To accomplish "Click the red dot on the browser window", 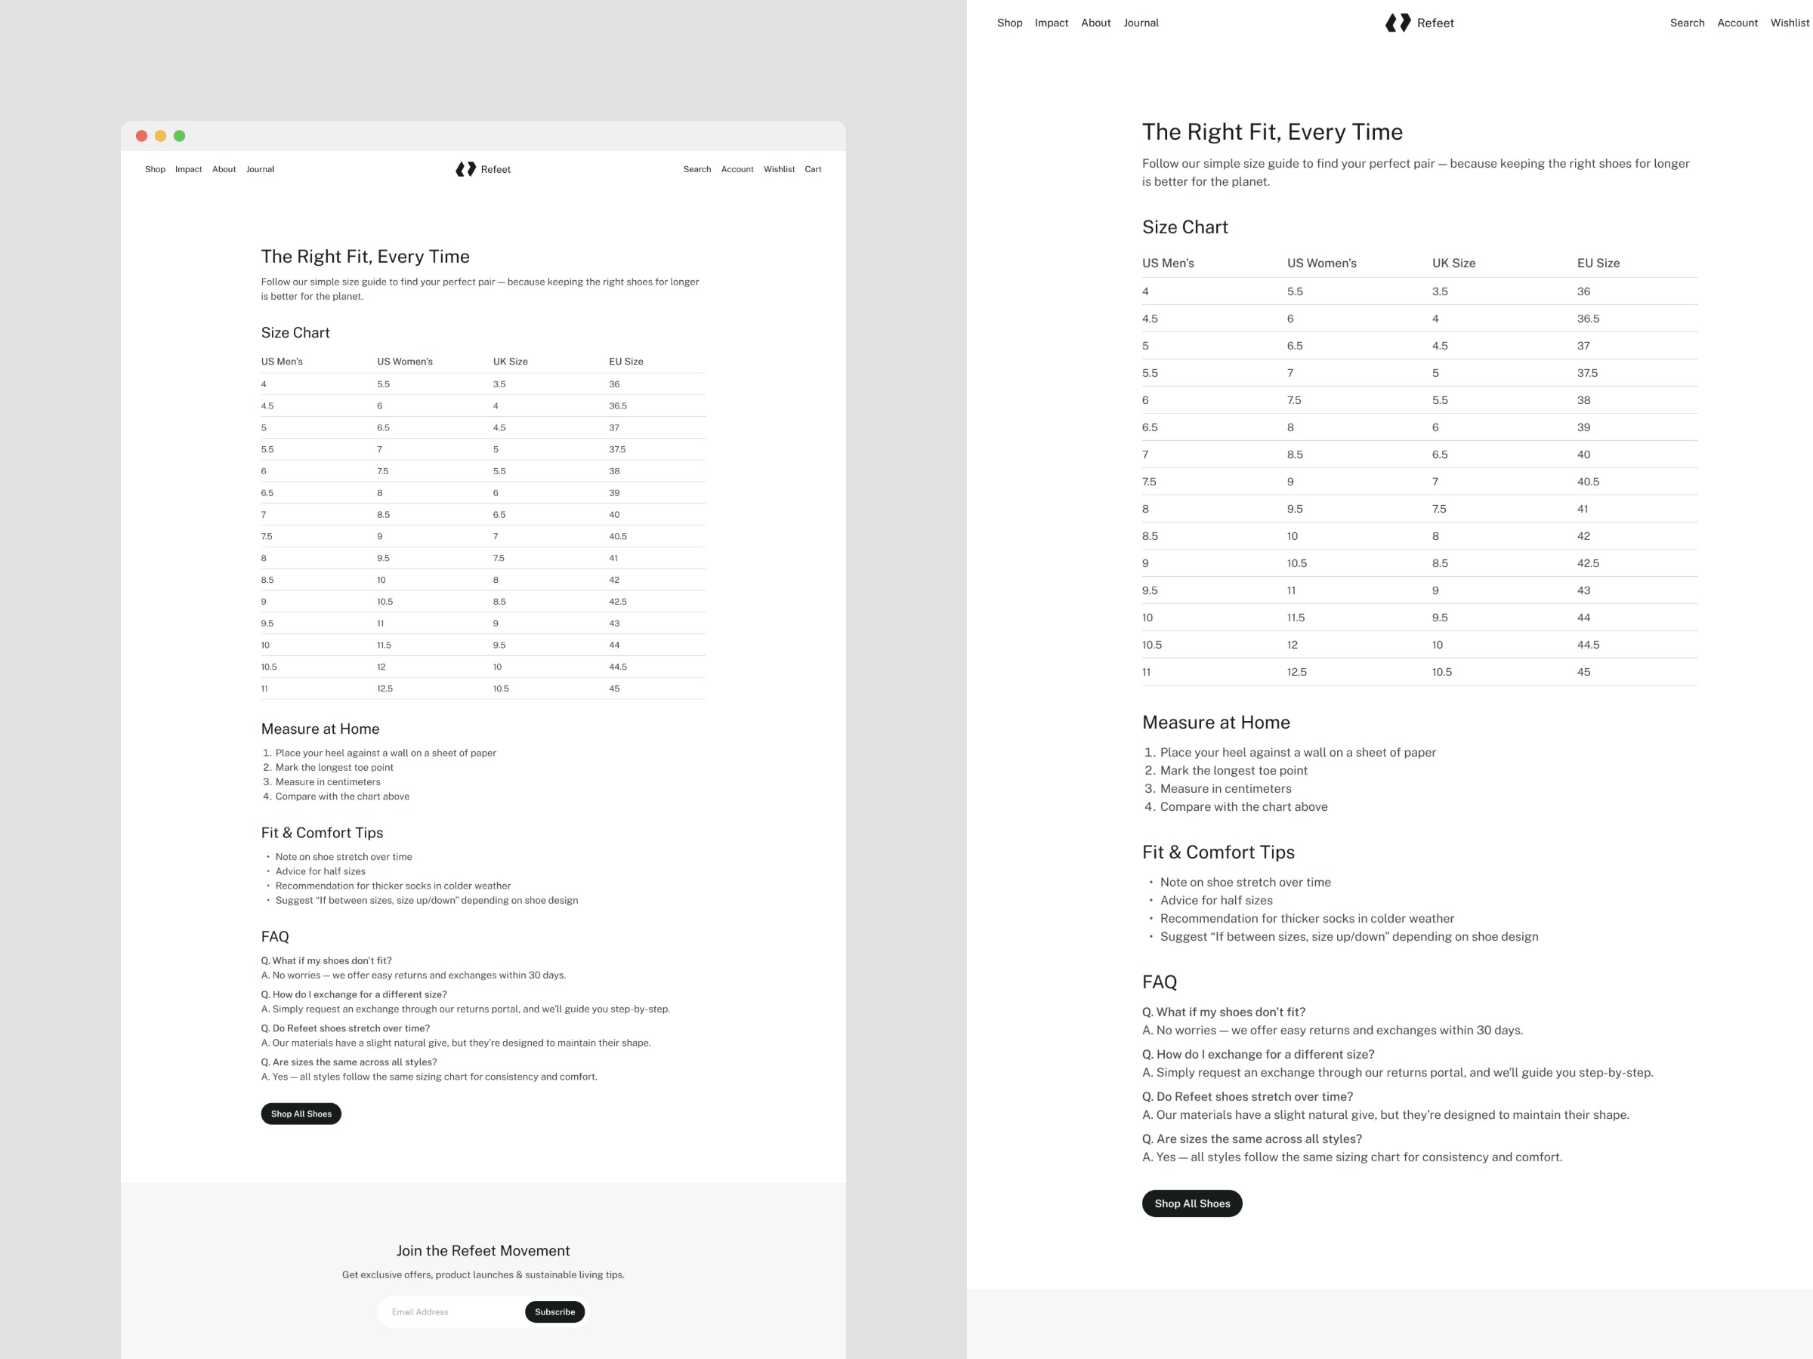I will (142, 136).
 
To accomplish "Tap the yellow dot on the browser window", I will (161, 136).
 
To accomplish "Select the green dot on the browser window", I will (180, 136).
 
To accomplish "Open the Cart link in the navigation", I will (813, 170).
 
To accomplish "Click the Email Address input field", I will (451, 1311).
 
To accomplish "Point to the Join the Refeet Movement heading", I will (483, 1251).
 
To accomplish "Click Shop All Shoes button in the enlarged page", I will (1192, 1203).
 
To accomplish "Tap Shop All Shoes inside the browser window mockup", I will (301, 1114).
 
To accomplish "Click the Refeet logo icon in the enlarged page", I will (1398, 23).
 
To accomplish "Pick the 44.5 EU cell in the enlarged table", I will (1589, 645).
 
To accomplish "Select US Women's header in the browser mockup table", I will (405, 361).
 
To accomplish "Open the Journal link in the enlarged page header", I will (1141, 23).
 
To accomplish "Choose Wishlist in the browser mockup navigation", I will (779, 170).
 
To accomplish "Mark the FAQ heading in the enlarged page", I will (1159, 982).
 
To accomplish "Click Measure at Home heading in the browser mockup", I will (320, 729).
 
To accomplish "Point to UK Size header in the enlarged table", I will (1453, 263).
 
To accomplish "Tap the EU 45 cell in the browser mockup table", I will (615, 689).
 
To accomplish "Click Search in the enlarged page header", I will (1687, 23).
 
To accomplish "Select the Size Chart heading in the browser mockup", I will (295, 333).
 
